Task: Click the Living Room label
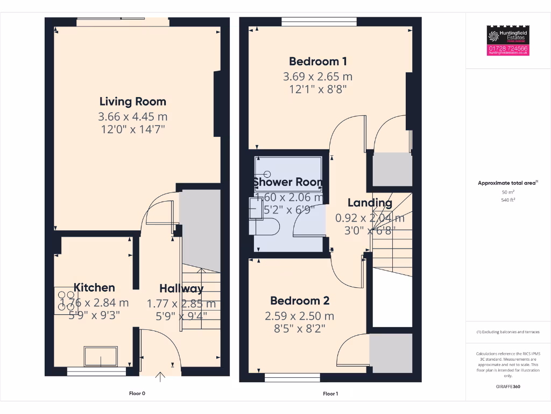tap(132, 101)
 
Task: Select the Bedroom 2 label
tap(300, 301)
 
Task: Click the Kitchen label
tap(94, 287)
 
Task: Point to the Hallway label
tap(181, 288)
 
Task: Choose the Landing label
tap(369, 203)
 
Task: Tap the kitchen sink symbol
tap(100, 356)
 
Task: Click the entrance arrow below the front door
tap(160, 377)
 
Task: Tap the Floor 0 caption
tap(137, 394)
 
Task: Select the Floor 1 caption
tap(330, 394)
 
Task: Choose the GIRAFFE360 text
tap(508, 387)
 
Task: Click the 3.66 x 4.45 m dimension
tap(132, 116)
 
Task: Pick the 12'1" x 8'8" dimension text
tap(317, 89)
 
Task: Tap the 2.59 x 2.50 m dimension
tap(300, 316)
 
